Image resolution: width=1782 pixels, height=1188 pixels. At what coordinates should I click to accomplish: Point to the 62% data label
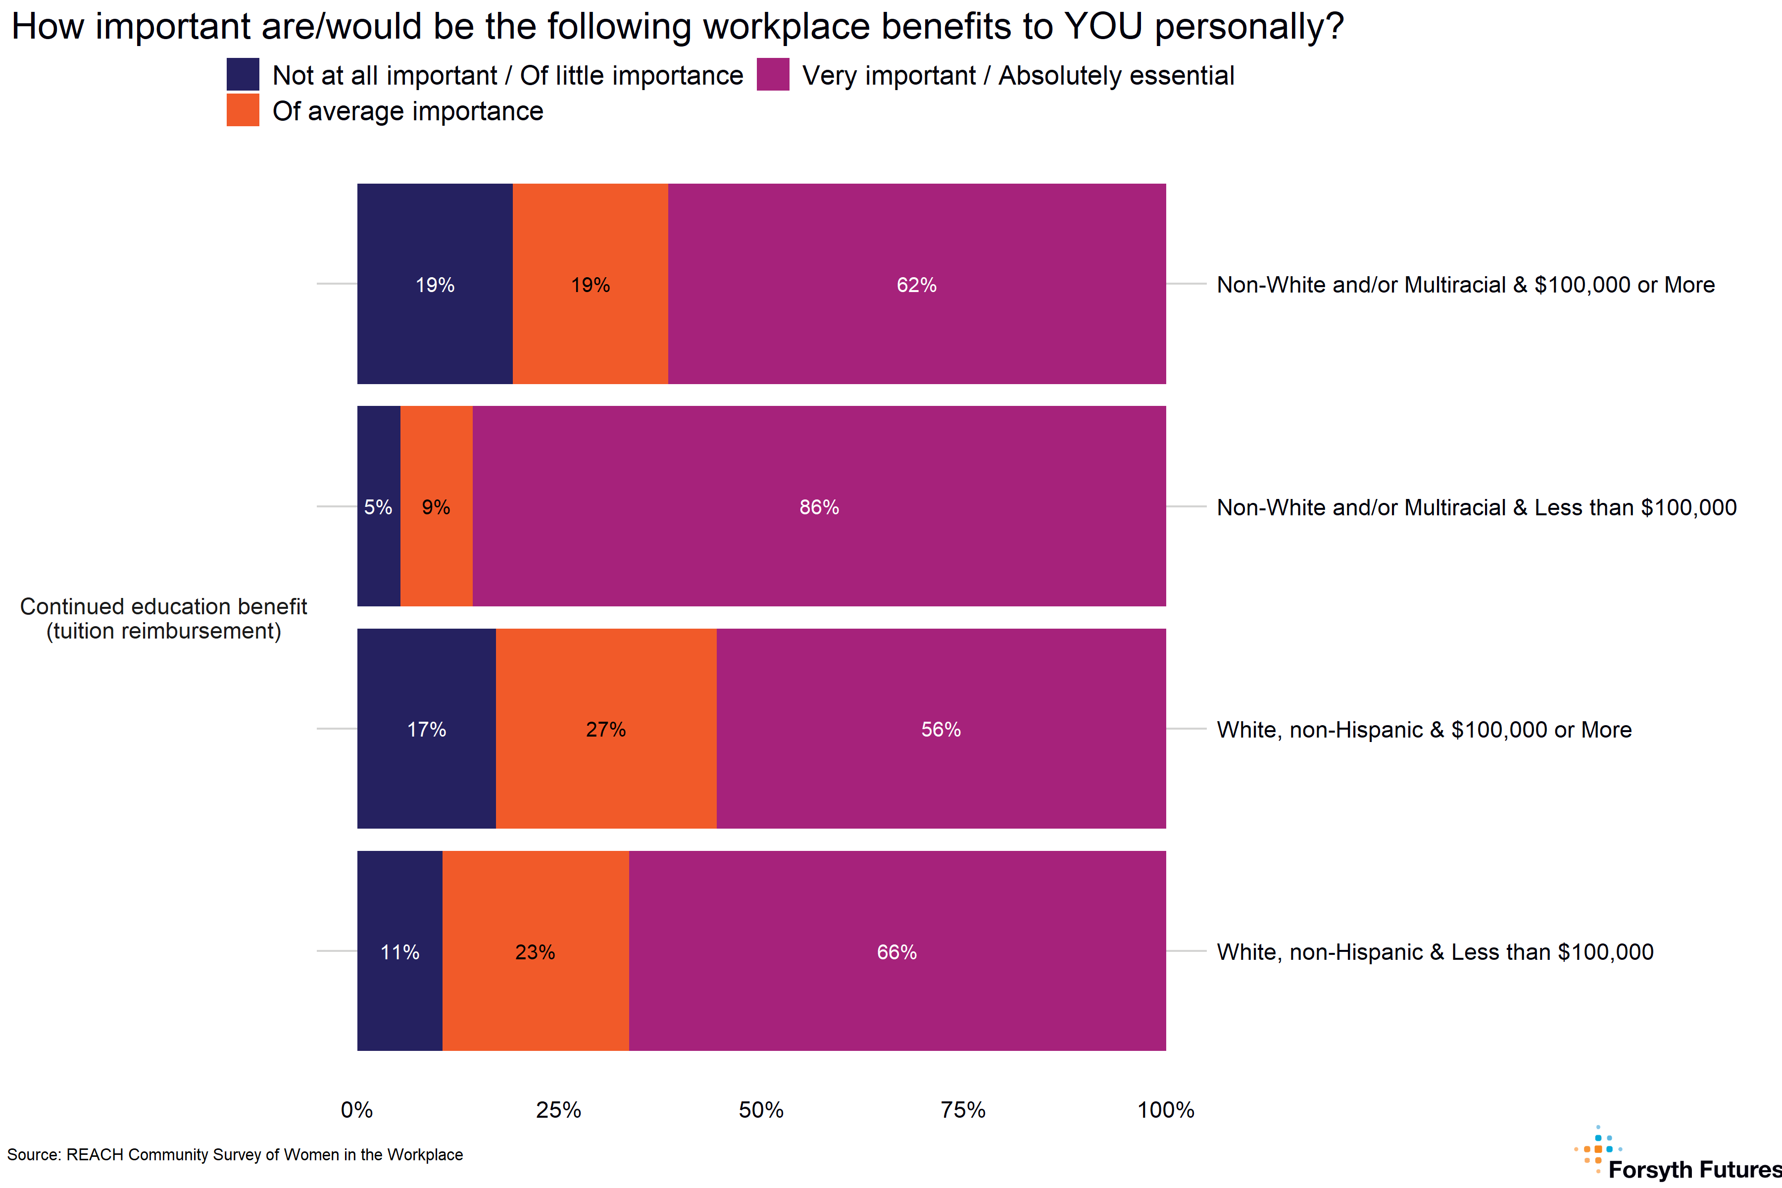coord(917,285)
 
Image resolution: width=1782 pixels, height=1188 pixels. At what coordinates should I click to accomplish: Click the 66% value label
coord(897,952)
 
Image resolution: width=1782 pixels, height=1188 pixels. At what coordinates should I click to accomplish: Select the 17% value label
coord(427,730)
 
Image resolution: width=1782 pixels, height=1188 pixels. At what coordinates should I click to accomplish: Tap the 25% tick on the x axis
coord(558,1110)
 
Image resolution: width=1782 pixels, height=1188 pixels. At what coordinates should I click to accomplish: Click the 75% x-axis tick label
coord(963,1110)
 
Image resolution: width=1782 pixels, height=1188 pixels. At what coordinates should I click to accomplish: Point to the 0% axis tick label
coord(357,1110)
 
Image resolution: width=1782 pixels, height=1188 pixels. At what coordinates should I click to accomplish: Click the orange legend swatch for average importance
coord(243,110)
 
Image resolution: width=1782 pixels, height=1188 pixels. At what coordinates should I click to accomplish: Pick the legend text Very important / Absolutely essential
coord(1018,76)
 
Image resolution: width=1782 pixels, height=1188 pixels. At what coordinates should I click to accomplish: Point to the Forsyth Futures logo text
coord(1694,1169)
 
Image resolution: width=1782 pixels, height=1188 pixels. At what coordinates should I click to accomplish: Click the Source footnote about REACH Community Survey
coord(235,1155)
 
